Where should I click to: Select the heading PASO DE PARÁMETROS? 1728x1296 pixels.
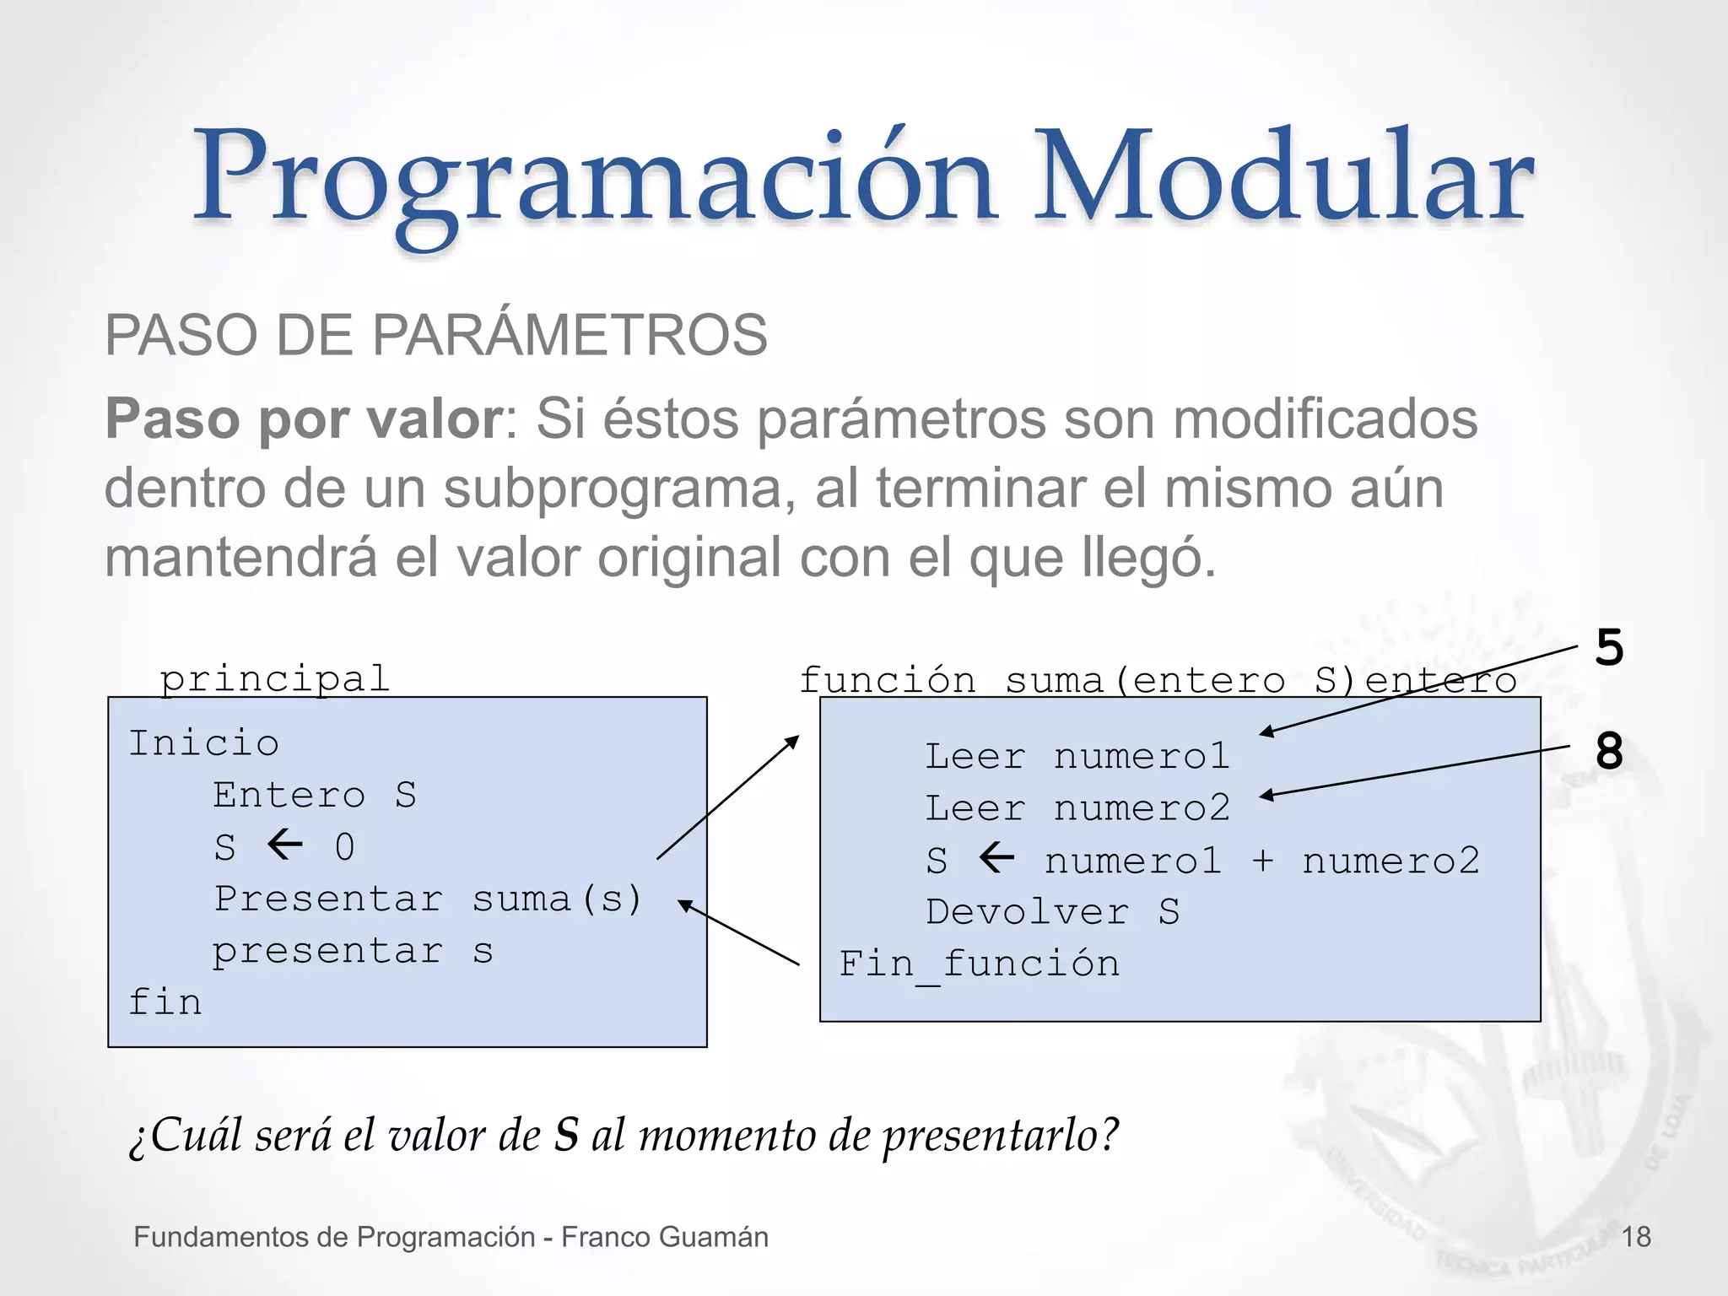coord(435,335)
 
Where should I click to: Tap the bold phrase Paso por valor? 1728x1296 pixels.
coord(304,418)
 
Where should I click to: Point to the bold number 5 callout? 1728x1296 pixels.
coord(1609,648)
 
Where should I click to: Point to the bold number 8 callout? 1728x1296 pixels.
coord(1609,750)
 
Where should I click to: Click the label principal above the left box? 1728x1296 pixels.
coord(275,679)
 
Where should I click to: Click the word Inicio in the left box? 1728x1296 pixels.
coord(203,743)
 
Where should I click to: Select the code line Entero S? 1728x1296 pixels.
coord(314,795)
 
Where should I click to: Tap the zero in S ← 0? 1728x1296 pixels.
coord(344,847)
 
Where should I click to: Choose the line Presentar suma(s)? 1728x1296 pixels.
coord(427,899)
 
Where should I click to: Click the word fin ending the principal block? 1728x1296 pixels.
coord(165,1002)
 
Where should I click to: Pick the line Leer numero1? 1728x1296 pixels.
coord(1077,756)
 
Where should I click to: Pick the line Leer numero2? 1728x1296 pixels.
coord(1077,808)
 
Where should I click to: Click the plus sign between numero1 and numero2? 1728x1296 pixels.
coord(1262,861)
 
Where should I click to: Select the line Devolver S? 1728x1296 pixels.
coord(1052,912)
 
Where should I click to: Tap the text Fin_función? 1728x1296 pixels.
coord(979,964)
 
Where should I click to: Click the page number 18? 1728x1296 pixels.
coord(1636,1237)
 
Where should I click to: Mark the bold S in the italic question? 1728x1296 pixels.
coord(566,1135)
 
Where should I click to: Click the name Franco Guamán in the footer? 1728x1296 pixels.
coord(665,1237)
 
